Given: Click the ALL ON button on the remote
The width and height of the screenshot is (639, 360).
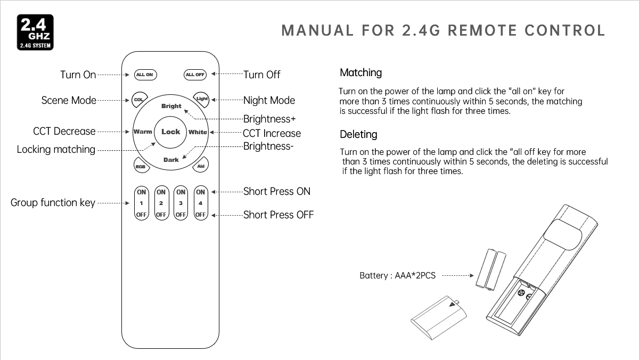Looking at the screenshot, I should pos(144,75).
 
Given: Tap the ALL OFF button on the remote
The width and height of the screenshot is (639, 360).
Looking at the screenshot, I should pos(195,75).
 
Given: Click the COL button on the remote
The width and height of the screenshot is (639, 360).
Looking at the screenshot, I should pos(138,100).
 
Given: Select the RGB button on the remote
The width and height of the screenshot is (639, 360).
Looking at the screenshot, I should pos(140,166).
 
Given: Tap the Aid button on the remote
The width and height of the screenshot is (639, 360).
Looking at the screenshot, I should pos(201,166).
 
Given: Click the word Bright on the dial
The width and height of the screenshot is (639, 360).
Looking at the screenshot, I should pos(171,106).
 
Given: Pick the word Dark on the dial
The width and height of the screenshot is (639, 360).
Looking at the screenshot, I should pos(171,160).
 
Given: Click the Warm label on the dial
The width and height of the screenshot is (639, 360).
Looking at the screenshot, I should pos(143,132).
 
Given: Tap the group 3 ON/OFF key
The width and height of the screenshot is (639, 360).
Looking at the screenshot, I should pos(181,203).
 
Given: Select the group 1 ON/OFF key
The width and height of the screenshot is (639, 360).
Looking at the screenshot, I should pos(141,203).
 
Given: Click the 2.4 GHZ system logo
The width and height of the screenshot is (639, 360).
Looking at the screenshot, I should pos(36,32).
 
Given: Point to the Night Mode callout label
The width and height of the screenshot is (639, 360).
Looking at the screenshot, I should pos(269,100).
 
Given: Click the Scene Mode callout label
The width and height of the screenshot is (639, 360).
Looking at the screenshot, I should pos(69,100).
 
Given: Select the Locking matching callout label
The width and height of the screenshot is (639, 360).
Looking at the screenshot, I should pos(56,150).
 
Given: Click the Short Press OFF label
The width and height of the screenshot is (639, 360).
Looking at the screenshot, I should pos(278,215).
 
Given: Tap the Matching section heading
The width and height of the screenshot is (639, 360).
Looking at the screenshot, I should pos(361,72).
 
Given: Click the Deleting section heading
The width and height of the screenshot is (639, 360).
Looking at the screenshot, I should pos(358,134).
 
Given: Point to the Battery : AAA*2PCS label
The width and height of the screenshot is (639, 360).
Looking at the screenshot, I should pos(397,276).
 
